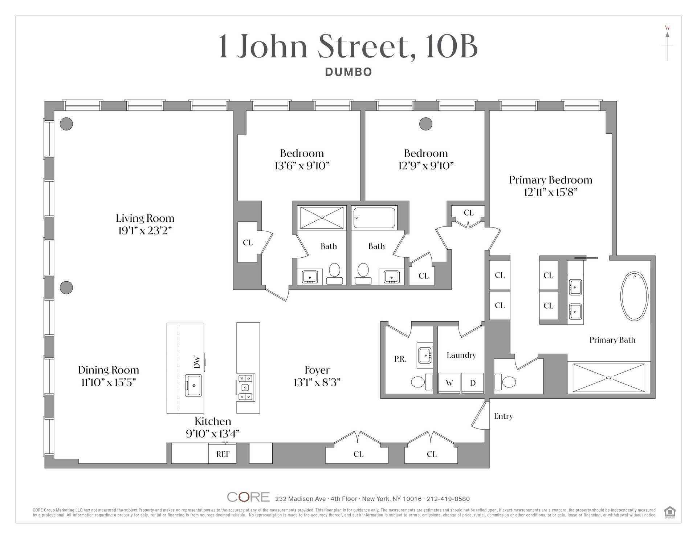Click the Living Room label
[145, 218]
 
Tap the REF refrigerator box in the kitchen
[222, 453]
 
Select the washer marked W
[449, 383]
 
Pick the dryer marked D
[473, 383]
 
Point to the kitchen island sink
[193, 385]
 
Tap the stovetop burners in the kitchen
[246, 387]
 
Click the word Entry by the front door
[504, 416]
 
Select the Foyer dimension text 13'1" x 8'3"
[317, 382]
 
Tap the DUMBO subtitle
[348, 72]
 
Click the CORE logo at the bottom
[248, 497]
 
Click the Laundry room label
[461, 355]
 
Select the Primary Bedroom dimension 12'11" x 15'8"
[550, 192]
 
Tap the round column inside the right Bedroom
[426, 124]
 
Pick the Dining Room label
[109, 370]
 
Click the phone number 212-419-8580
[448, 499]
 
